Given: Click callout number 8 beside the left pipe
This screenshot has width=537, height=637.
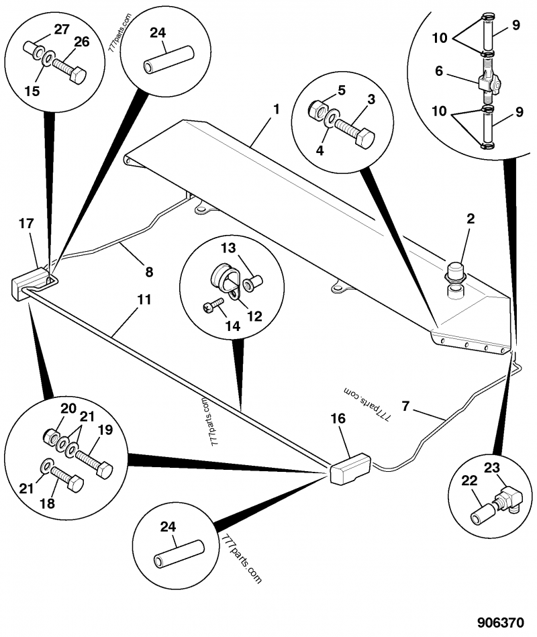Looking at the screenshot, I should click(149, 272).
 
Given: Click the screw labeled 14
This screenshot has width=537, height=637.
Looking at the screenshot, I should click(212, 306).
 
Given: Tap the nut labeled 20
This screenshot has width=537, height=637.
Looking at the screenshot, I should click(51, 437).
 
